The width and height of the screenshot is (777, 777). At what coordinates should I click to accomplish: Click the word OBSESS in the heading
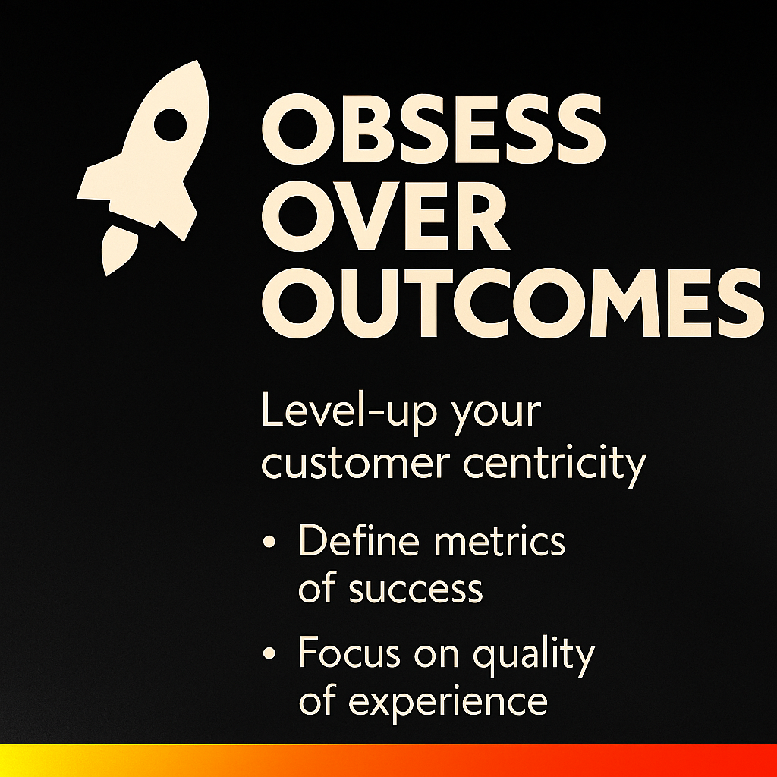(x=433, y=129)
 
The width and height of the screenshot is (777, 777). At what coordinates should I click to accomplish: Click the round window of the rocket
(x=171, y=125)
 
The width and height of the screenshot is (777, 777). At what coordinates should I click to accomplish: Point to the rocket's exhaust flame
(x=117, y=249)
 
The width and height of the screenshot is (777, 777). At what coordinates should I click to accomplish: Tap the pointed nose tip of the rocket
(x=197, y=61)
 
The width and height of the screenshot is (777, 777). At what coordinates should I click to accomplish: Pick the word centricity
(x=555, y=465)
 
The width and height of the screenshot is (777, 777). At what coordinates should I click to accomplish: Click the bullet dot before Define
(x=269, y=541)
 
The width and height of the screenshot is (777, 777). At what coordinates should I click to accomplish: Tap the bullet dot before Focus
(x=269, y=653)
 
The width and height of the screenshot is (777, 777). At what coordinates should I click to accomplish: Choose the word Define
(x=359, y=539)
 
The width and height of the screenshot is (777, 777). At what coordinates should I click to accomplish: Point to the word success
(x=416, y=590)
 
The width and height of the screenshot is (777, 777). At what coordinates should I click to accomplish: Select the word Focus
(x=349, y=652)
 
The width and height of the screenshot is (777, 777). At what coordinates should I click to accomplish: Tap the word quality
(x=533, y=653)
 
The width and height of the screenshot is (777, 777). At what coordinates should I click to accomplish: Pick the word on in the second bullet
(x=436, y=655)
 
